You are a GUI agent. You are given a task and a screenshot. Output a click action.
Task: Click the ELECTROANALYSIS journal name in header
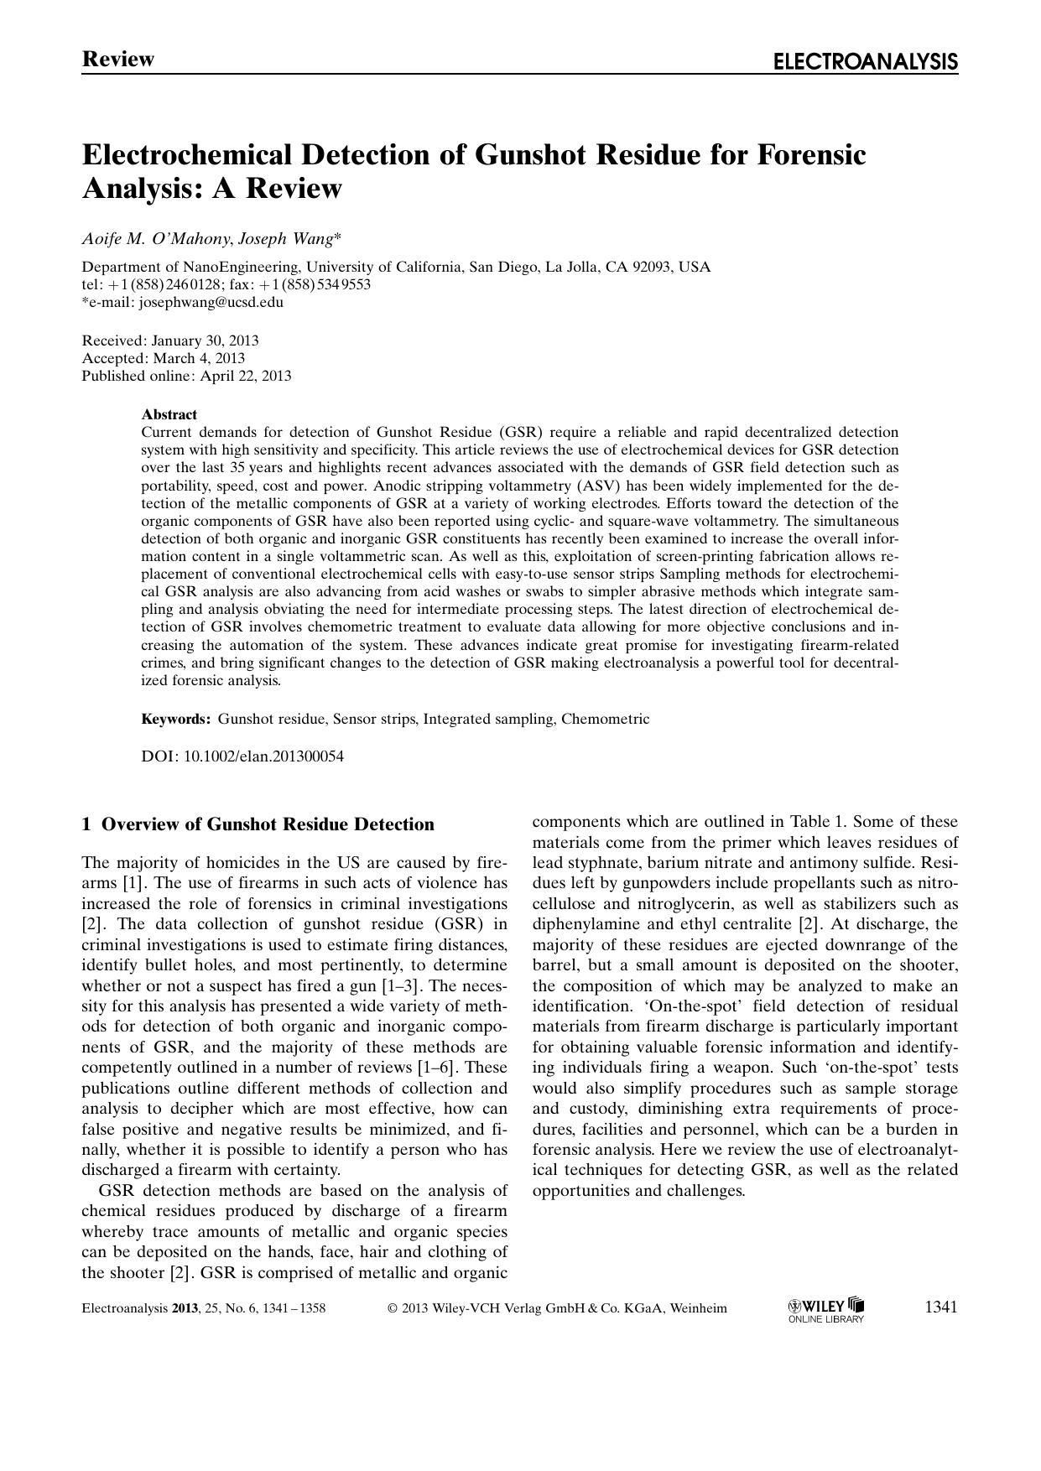point(865,61)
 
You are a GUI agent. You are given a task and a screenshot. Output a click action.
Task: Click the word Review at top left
point(118,60)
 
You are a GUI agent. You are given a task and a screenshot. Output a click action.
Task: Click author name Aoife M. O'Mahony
point(155,239)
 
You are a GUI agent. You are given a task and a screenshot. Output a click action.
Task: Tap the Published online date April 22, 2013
point(246,376)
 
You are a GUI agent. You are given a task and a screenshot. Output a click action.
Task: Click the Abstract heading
point(169,414)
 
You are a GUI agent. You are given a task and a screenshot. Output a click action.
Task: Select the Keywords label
point(175,719)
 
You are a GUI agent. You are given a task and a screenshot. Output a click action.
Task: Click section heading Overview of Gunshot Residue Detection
point(268,824)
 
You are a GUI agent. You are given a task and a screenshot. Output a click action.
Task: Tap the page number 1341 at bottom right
point(940,1307)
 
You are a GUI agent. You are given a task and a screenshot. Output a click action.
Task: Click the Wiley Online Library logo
point(825,1309)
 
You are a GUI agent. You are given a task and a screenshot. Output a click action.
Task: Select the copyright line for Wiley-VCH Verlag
point(558,1308)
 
